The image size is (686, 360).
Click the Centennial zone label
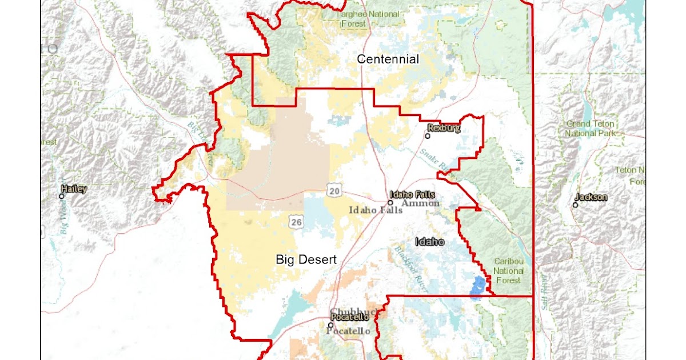pos(388,59)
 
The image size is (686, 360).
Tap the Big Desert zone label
pos(306,259)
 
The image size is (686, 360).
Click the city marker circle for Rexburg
pos(428,136)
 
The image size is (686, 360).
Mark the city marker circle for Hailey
pos(62,196)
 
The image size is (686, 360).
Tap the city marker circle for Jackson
pos(576,205)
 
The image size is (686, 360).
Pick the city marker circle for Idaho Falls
pos(390,202)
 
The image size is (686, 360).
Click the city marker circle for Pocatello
pos(330,325)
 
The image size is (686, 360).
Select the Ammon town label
pos(420,203)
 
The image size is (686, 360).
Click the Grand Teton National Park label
pos(590,129)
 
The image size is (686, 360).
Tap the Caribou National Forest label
pos(508,271)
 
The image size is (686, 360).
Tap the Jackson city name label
pos(591,197)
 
